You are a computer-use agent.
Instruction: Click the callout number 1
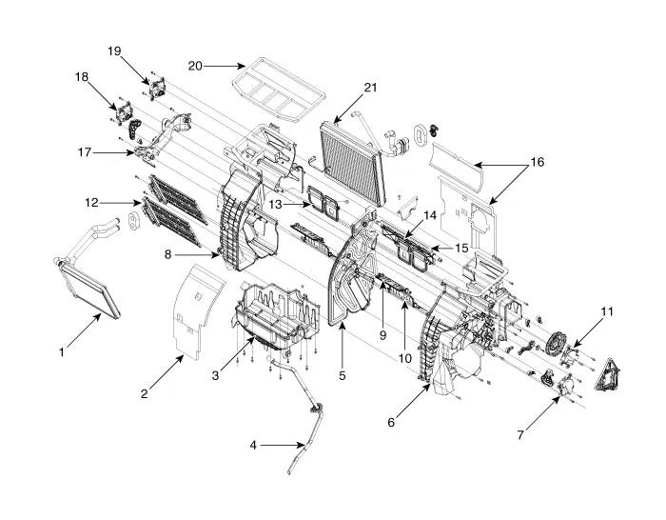coord(61,352)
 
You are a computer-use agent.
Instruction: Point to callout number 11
coord(607,311)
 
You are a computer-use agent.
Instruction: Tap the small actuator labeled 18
coord(124,110)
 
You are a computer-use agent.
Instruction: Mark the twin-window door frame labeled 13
coord(321,202)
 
